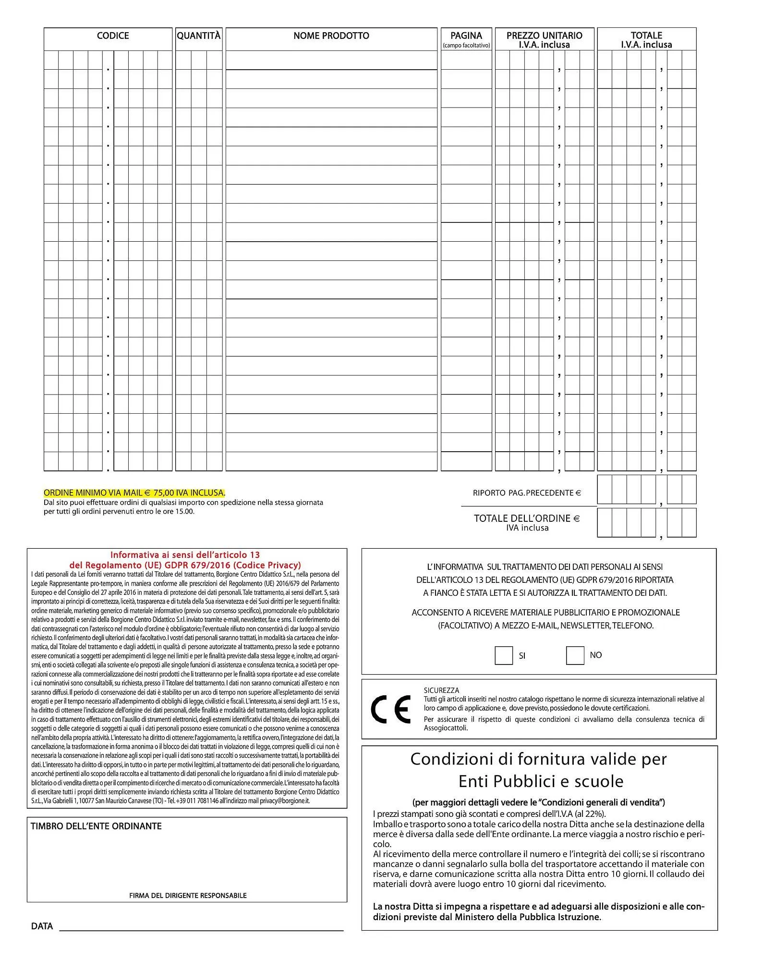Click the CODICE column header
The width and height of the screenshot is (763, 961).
point(113,36)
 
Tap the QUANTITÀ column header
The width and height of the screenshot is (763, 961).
point(199,36)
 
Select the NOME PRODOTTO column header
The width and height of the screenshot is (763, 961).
point(331,36)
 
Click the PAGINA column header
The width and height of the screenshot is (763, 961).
point(466,36)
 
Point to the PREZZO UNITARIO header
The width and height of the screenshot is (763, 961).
point(544,36)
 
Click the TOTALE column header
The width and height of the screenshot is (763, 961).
point(646,36)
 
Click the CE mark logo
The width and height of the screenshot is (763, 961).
point(391,709)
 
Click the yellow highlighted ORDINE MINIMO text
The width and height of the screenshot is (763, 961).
point(134,493)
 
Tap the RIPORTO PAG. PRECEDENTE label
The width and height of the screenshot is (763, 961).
point(527,493)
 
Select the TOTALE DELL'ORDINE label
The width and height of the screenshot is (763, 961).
point(527,518)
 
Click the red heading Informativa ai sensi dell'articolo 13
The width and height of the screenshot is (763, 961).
point(185,554)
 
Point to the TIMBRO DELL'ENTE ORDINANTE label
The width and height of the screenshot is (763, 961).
point(96,826)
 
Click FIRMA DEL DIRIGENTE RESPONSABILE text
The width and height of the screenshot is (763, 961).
point(188,895)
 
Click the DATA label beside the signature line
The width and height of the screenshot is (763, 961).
point(42,926)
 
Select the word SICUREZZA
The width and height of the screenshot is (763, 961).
point(441,690)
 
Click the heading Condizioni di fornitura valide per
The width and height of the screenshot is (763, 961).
point(538,759)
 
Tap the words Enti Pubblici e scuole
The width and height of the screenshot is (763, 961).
point(541,781)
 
